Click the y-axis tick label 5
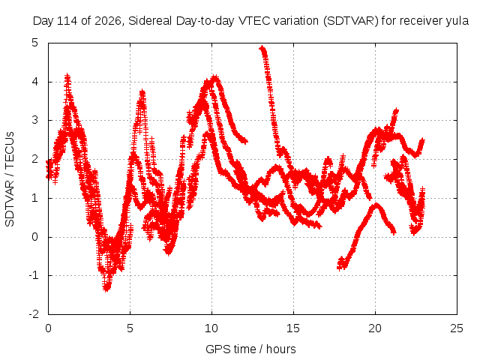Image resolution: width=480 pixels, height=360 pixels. click(x=35, y=43)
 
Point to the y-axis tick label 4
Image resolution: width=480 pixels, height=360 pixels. click(x=35, y=82)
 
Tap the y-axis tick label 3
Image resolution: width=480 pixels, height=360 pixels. click(x=35, y=120)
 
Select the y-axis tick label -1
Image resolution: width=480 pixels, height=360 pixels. click(x=34, y=275)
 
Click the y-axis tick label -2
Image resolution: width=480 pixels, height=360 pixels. click(x=34, y=314)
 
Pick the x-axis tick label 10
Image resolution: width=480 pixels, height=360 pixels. click(x=211, y=328)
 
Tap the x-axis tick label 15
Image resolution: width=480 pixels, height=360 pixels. click(x=293, y=328)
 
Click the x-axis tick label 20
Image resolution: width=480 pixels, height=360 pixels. click(x=375, y=328)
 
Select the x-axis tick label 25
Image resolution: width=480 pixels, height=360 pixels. click(x=457, y=328)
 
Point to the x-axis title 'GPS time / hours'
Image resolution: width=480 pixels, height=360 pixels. click(x=250, y=349)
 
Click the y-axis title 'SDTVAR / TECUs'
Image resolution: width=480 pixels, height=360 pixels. click(x=10, y=179)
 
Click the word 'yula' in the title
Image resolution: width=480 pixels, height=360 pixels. click(x=457, y=21)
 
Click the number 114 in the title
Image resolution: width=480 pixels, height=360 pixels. click(x=67, y=21)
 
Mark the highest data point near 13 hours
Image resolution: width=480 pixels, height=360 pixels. click(x=262, y=48)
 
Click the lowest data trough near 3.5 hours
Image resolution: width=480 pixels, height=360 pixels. click(x=106, y=288)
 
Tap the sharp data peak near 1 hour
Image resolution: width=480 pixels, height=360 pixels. click(x=67, y=76)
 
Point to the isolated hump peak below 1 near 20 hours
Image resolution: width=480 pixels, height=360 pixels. click(x=376, y=205)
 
